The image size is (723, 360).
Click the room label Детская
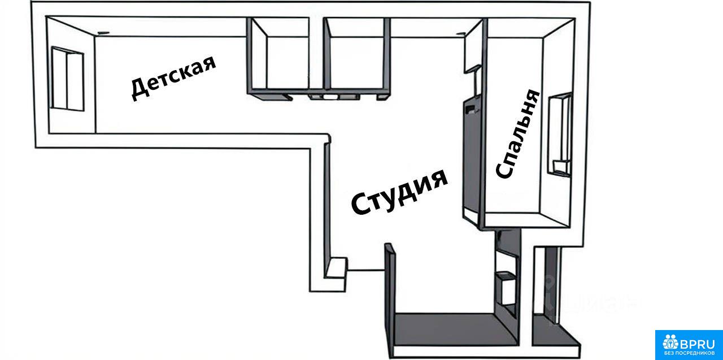coord(173,78)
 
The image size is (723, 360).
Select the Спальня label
coord(518,134)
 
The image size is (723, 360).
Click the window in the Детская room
coord(67,79)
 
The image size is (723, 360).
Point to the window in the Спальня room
coord(560,135)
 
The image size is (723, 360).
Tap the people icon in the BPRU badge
coord(670,342)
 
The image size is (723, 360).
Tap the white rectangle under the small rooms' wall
coord(330,96)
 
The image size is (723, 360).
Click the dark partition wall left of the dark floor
coord(390,298)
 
